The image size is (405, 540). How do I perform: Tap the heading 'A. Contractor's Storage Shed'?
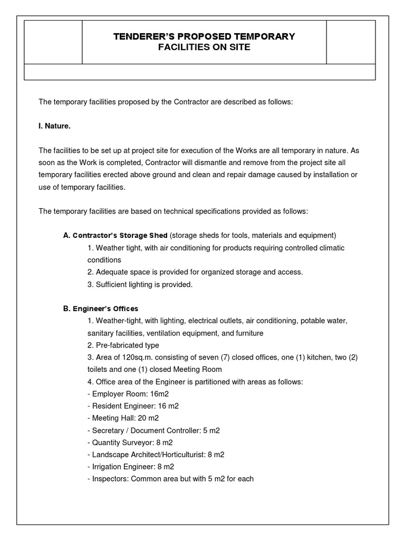115,235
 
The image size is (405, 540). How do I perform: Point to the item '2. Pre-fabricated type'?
123,345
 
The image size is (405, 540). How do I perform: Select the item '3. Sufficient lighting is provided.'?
140,284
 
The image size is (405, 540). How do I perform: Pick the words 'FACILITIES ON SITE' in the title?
205,47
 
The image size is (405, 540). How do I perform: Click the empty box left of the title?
53,42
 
